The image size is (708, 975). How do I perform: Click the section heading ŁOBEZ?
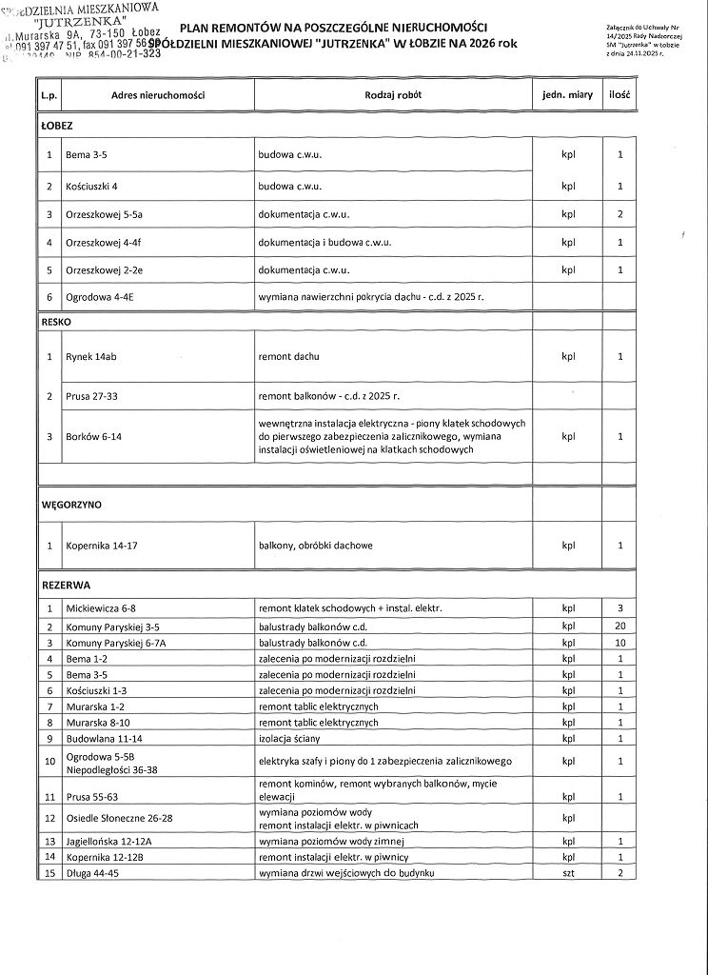(x=57, y=125)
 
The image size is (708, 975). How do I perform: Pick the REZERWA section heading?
(x=66, y=583)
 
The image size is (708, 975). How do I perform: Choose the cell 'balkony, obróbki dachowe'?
(x=316, y=546)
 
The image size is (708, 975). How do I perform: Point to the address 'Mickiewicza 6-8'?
(x=101, y=607)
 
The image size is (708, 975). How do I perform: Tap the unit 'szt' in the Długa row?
(x=569, y=872)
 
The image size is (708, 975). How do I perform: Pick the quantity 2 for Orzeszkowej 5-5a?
(x=619, y=214)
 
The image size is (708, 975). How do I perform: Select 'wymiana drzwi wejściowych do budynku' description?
(x=346, y=872)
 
